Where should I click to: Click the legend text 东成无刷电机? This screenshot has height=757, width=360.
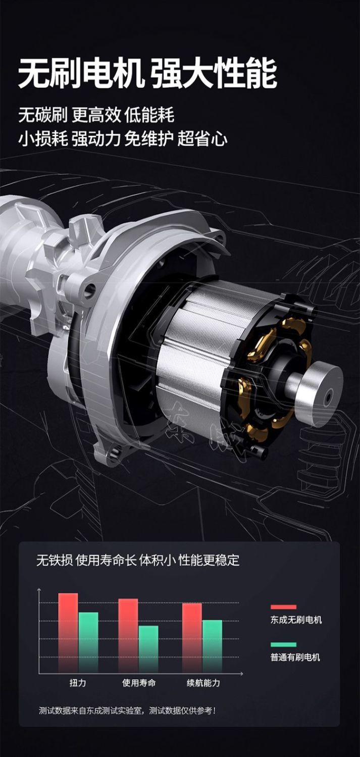pos(296,620)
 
